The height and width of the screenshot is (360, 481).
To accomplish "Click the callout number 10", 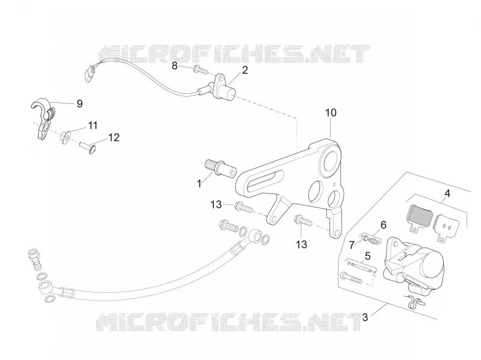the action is tap(331, 113).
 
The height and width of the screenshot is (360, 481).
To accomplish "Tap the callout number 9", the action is tap(79, 103).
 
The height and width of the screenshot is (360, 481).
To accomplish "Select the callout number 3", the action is tap(365, 317).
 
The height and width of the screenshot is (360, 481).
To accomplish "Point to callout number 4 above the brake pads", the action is tap(447, 194).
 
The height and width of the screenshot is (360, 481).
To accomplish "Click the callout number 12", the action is tap(114, 138).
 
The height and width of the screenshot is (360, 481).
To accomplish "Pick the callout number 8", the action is tap(174, 66).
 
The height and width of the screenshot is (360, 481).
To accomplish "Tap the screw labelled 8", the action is tap(201, 70).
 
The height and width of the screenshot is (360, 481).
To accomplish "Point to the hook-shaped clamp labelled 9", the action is tap(43, 119).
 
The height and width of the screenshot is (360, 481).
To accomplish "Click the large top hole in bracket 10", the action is tap(329, 162).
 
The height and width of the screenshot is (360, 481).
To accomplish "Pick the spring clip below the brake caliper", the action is tap(414, 302).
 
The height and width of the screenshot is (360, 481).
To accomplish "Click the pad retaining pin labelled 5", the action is tap(360, 266).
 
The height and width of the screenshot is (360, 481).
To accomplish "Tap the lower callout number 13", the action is tap(301, 245).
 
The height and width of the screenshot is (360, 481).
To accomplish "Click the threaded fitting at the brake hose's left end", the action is tap(34, 259).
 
